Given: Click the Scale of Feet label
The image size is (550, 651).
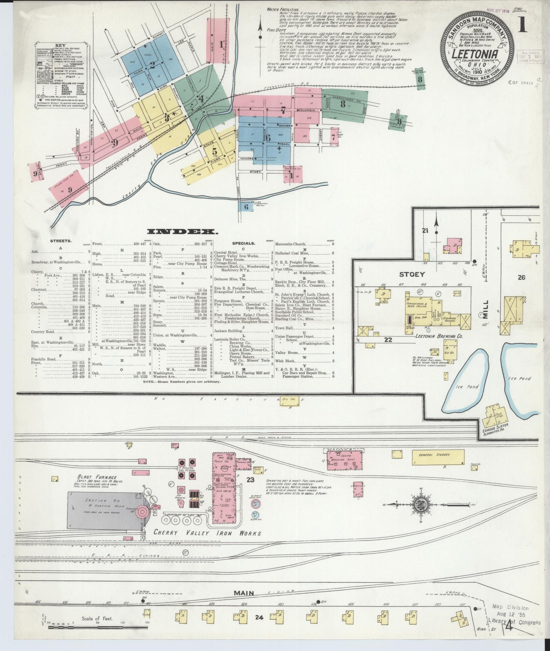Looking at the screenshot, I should click(97, 619).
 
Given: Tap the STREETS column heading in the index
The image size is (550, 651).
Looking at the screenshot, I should click(60, 241).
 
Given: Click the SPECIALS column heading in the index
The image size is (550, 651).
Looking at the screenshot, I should click(243, 243).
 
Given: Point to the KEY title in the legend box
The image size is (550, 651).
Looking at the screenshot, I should click(61, 45).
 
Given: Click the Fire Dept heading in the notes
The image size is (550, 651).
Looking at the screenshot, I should click(274, 30).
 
